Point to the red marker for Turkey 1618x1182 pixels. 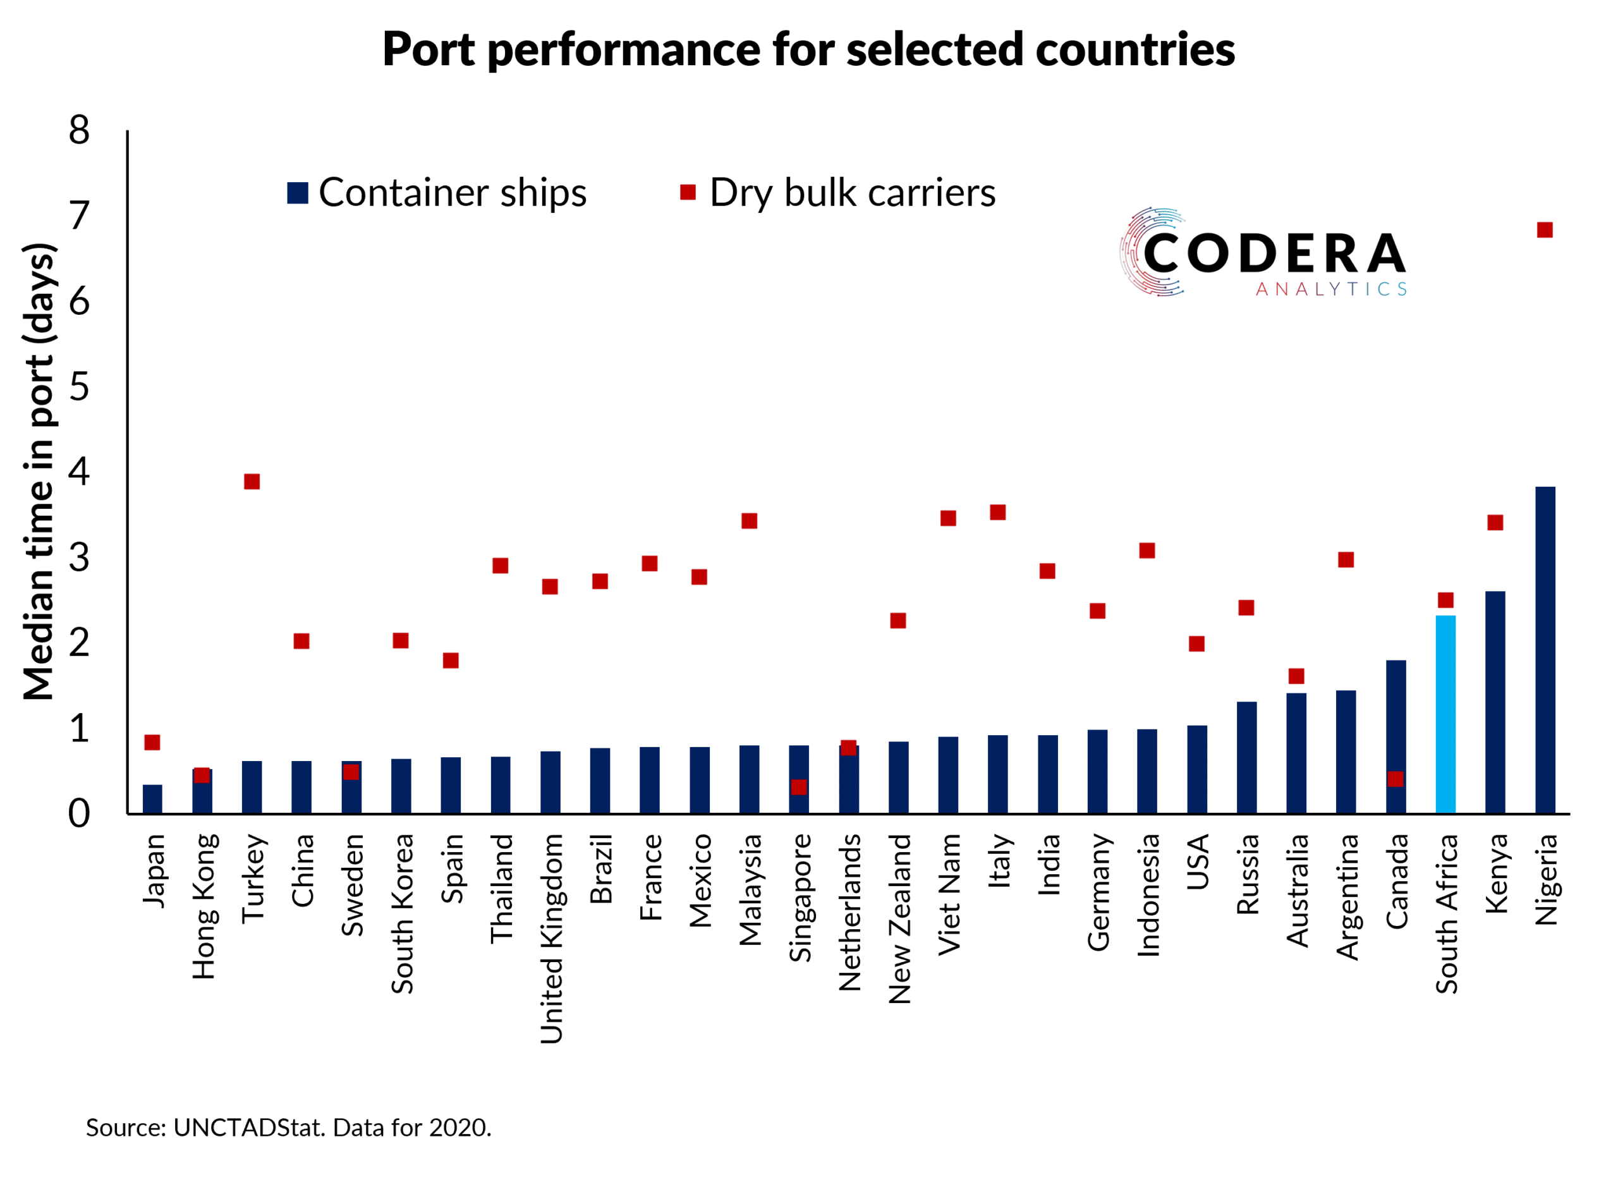252,482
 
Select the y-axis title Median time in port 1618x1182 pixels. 39,472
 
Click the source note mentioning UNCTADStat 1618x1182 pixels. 289,1128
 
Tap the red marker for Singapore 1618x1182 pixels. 799,787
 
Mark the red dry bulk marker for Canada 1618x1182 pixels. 1395,779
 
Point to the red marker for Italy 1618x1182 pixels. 998,512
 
